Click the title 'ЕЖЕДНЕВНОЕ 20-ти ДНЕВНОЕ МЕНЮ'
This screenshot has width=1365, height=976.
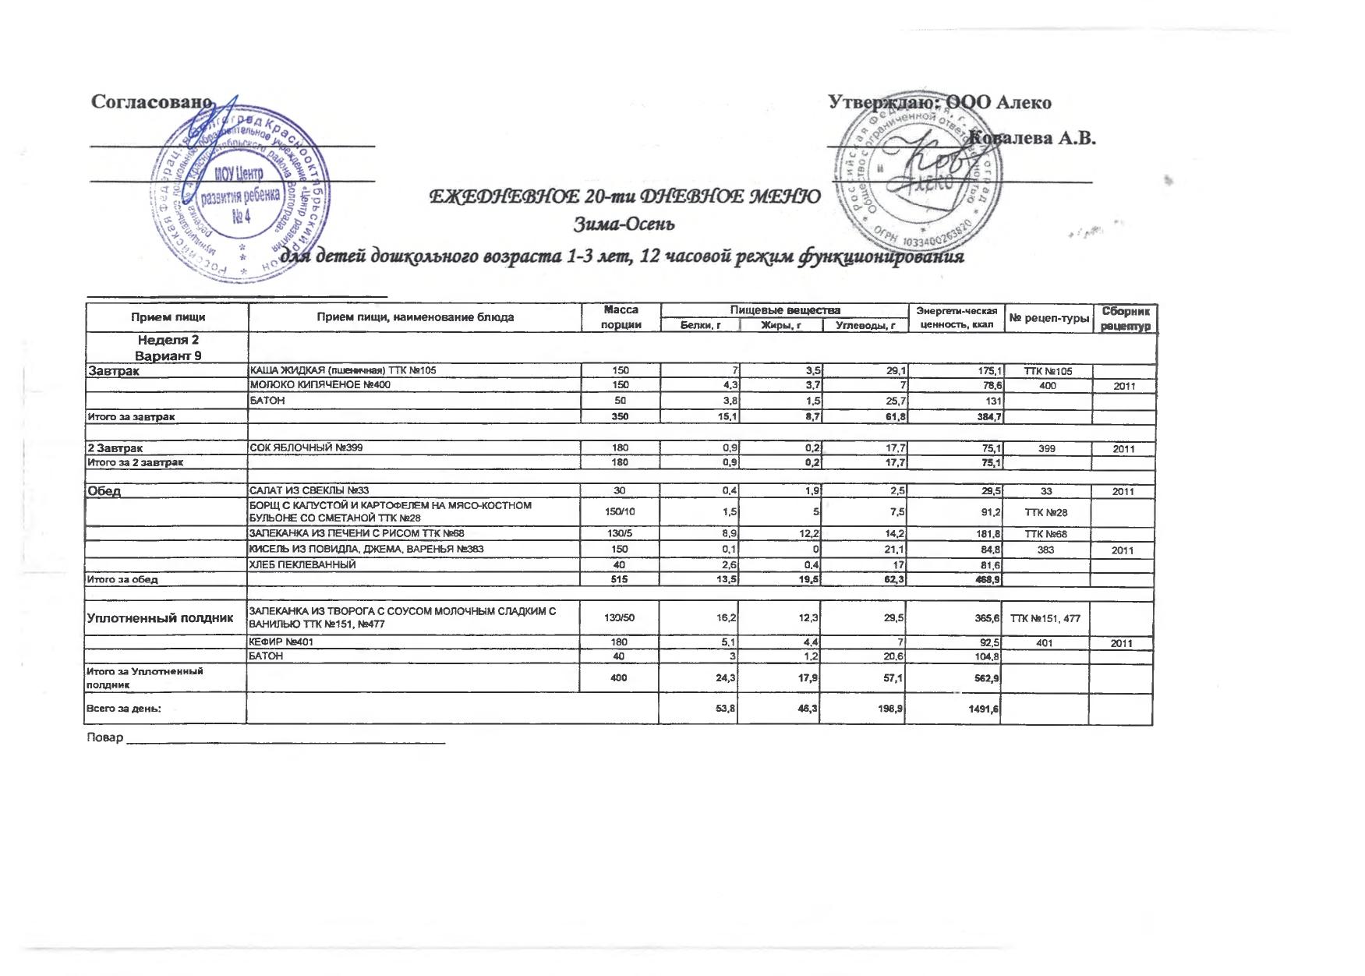click(624, 196)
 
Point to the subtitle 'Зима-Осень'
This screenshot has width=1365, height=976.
click(624, 225)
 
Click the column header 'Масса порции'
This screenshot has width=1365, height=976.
click(621, 317)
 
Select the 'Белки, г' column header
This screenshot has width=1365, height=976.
click(699, 325)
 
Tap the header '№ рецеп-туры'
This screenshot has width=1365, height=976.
click(1049, 317)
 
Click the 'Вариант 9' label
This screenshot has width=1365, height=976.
click(168, 355)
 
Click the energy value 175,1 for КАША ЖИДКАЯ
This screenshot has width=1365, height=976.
click(986, 371)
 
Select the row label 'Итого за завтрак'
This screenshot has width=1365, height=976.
click(131, 417)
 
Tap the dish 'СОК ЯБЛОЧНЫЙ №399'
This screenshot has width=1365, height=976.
click(306, 448)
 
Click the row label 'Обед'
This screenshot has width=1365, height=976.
click(104, 491)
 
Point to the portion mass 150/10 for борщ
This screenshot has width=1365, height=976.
click(621, 511)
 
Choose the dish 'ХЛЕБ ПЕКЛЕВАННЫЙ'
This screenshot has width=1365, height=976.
click(302, 564)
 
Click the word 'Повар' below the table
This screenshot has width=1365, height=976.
click(105, 737)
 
